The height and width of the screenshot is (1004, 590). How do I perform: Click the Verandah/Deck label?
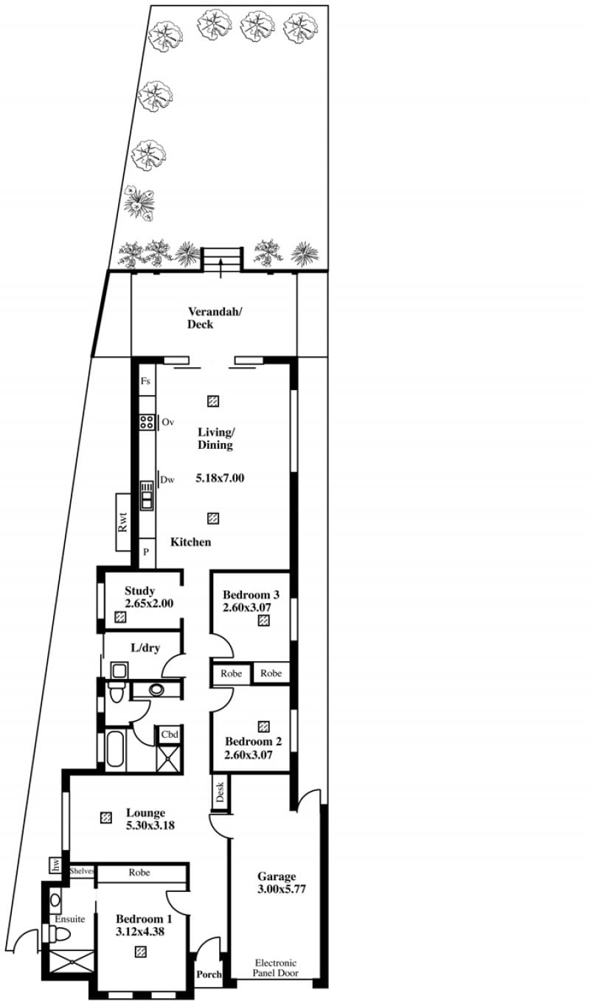(x=215, y=318)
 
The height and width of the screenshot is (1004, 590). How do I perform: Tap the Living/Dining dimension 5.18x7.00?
(x=220, y=478)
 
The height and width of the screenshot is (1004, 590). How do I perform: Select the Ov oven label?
(x=167, y=422)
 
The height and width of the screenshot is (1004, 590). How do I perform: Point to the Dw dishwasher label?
(x=167, y=480)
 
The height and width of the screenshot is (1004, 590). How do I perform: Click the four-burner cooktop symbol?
(x=147, y=422)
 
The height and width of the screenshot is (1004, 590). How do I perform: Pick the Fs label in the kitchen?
(x=145, y=381)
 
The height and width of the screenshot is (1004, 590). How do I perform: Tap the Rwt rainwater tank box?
(x=123, y=522)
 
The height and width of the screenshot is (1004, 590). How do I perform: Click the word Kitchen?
(x=190, y=542)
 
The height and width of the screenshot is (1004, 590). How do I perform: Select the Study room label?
(x=139, y=590)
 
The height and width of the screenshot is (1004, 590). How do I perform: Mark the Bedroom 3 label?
(x=251, y=595)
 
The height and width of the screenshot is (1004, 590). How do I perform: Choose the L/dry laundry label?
(x=145, y=648)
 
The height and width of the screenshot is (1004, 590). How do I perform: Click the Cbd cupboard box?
(x=170, y=735)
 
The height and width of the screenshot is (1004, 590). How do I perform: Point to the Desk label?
(x=220, y=792)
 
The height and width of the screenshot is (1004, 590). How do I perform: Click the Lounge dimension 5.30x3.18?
(x=150, y=825)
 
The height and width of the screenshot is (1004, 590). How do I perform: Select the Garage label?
(x=277, y=876)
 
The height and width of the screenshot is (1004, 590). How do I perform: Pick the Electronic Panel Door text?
(x=275, y=968)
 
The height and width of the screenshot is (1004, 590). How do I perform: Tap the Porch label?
(x=209, y=974)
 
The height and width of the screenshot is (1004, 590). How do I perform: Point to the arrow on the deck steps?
(x=221, y=268)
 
